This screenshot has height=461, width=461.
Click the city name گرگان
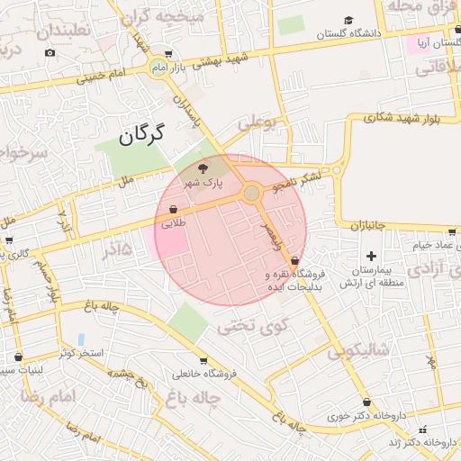[x=143, y=136]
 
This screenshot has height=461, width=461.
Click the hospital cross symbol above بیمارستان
[x=371, y=257]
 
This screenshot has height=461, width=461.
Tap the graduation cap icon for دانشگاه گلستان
[x=348, y=20]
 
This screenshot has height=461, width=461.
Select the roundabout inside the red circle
[x=252, y=194]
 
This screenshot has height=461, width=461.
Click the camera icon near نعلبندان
[x=50, y=52]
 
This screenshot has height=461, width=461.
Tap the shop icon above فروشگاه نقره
[x=294, y=260]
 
